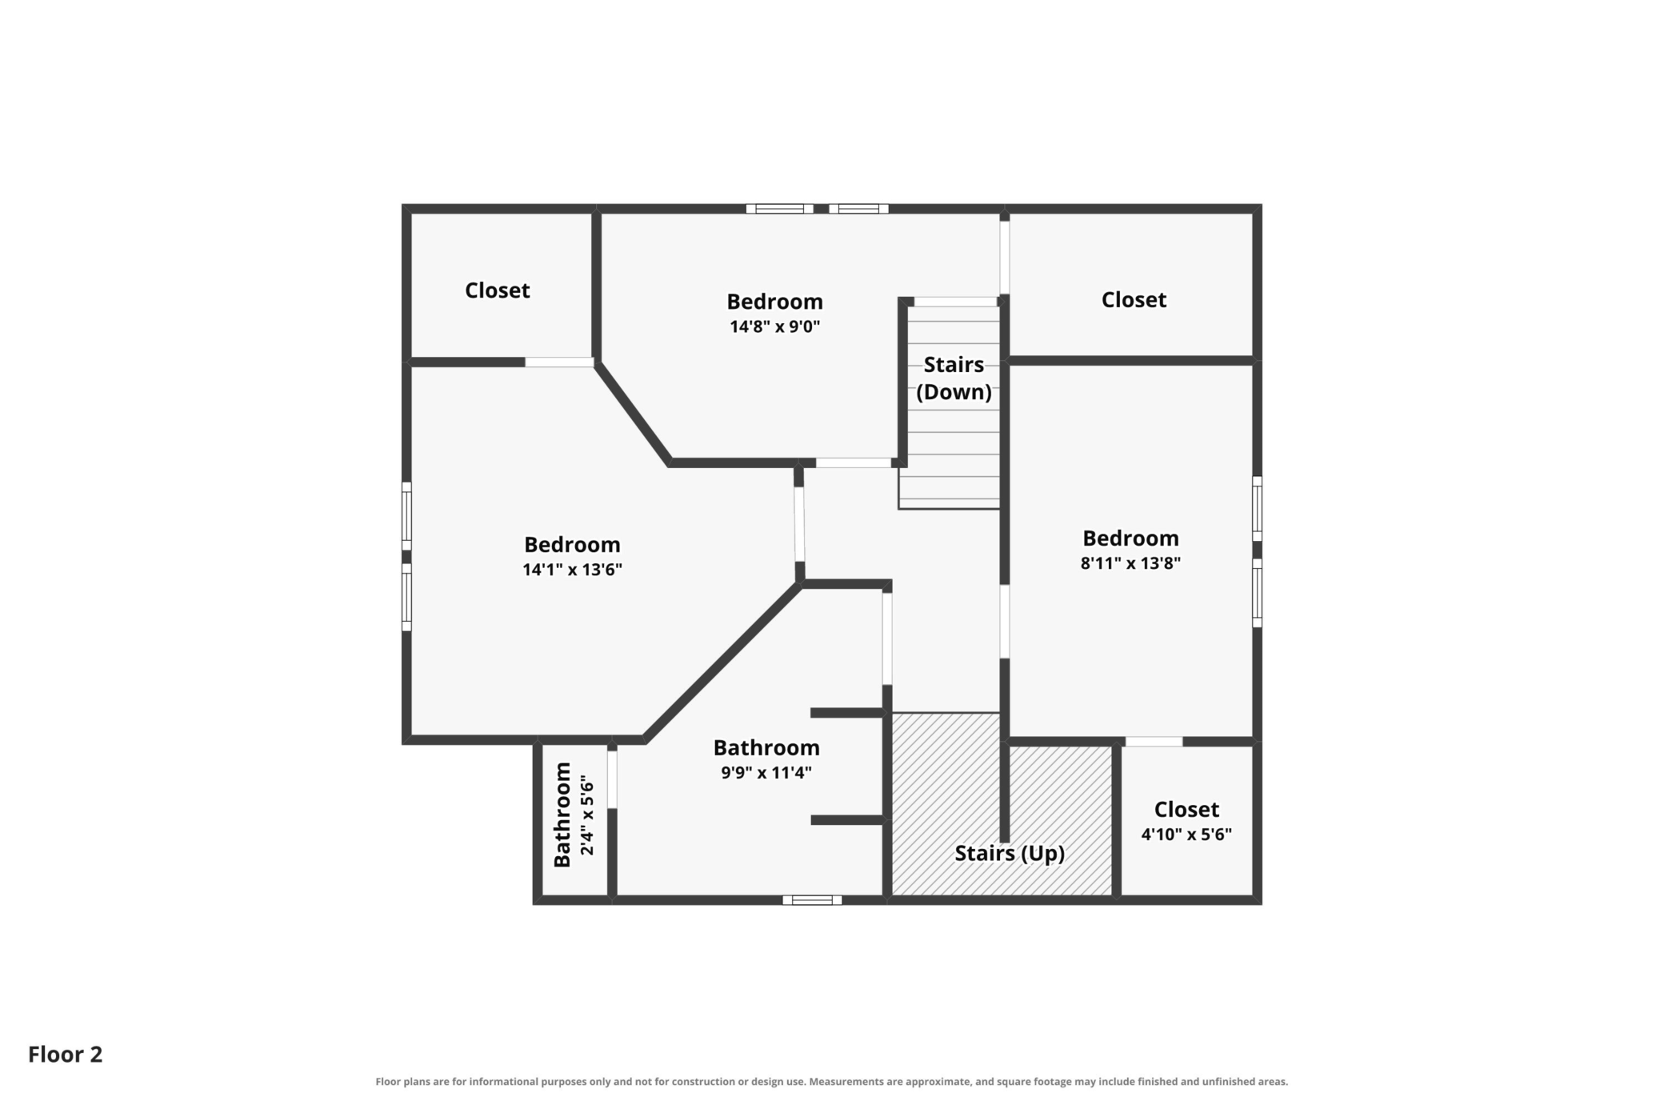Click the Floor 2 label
pos(66,1055)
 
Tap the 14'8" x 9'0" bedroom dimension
pos(774,326)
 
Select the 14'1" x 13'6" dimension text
pos(572,570)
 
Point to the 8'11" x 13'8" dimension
pos(1130,563)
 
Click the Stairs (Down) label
pos(954,378)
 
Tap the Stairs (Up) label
pos(1010,853)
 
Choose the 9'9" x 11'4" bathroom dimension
pos(766,772)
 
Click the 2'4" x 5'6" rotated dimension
pos(587,815)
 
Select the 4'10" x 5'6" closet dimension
pos(1186,835)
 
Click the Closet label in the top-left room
pos(498,290)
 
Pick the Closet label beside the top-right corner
pos(1134,299)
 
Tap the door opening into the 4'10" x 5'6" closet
pos(1153,742)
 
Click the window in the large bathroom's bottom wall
pos(812,900)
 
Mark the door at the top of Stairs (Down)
pos(955,302)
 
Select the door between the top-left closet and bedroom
pos(559,362)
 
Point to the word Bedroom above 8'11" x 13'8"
pos(1130,538)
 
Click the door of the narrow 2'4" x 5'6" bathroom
pos(612,779)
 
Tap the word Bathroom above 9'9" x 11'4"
pos(766,747)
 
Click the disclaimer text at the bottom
pos(832,1082)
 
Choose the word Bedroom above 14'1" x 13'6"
pos(572,544)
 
